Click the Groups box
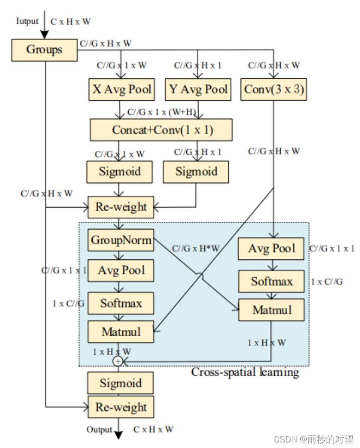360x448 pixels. pos(44,50)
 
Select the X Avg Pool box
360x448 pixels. pos(121,90)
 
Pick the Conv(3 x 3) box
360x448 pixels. pos(274,90)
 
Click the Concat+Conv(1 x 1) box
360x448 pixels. pos(161,130)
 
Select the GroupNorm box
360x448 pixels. pos(121,240)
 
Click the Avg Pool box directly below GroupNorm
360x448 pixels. pos(121,270)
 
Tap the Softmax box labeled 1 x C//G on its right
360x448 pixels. pos(272,282)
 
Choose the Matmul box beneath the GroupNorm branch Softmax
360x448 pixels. pos(121,332)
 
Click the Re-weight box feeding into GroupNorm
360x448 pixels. pos(121,207)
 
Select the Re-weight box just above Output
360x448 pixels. pos(121,408)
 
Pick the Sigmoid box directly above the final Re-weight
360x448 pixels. pos(121,384)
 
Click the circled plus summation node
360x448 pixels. pos(118,361)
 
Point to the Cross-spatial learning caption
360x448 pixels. pos(245,372)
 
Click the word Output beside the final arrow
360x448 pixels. pos(99,430)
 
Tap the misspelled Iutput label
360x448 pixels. pos(27,21)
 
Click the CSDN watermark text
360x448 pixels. pos(313,439)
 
